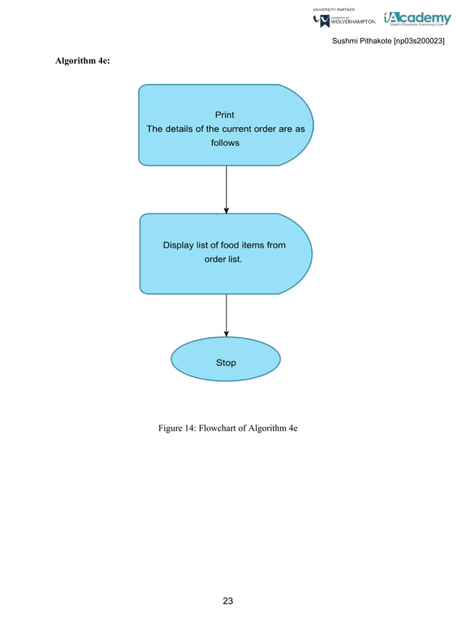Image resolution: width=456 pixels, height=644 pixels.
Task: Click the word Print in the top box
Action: [224, 115]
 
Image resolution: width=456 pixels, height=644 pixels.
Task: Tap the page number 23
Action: [227, 601]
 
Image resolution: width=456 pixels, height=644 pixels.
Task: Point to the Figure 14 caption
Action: [227, 428]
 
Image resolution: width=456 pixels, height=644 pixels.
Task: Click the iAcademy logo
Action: [417, 18]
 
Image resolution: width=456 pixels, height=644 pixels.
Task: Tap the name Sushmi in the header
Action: [347, 42]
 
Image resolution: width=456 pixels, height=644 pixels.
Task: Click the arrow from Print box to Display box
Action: [227, 189]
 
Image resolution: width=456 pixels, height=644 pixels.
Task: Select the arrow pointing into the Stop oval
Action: [227, 316]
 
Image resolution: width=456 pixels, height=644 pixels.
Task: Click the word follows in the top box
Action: [225, 143]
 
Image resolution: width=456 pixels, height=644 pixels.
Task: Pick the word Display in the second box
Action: [179, 245]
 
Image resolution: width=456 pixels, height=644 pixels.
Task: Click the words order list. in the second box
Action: [224, 259]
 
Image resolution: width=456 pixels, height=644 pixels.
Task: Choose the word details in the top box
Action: [184, 129]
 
